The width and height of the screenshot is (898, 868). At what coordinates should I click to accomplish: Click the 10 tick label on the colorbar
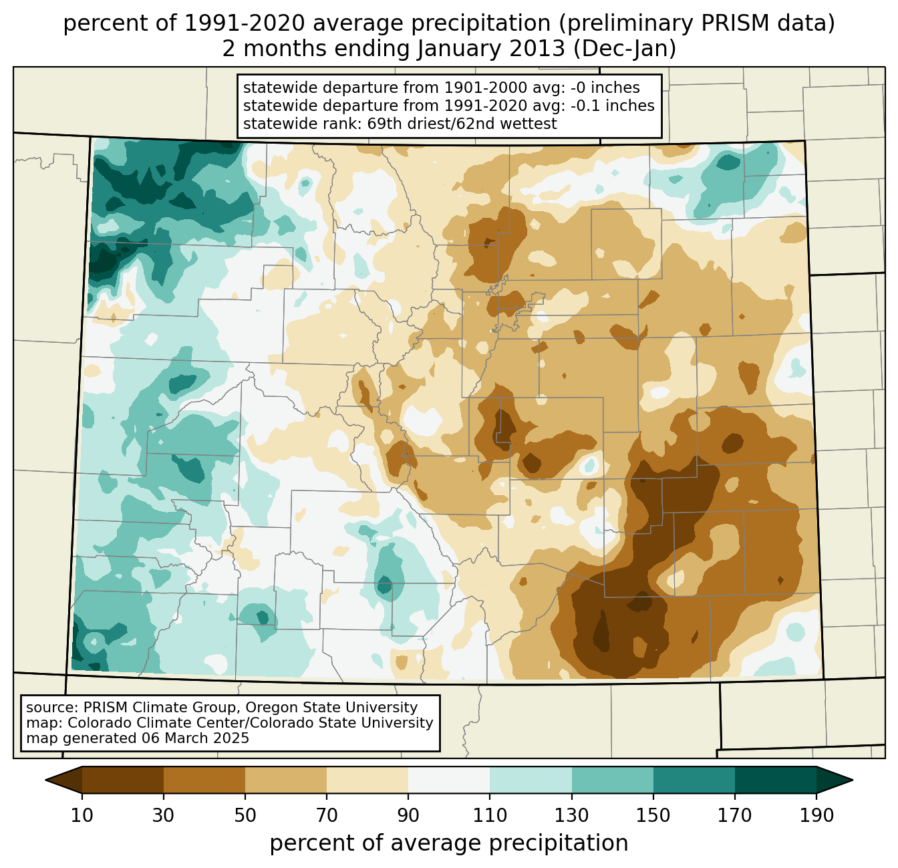coord(82,815)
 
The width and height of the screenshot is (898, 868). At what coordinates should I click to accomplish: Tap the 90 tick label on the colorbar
coord(408,815)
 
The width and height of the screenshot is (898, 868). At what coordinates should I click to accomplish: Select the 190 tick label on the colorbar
coord(816,815)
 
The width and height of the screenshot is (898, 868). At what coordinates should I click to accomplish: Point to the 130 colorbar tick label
coord(572,815)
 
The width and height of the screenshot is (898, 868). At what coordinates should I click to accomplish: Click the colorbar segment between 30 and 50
coord(204,780)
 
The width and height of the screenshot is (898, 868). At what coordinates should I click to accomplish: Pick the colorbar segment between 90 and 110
coord(449,780)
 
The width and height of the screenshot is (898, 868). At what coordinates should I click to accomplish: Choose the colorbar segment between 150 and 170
coord(694,780)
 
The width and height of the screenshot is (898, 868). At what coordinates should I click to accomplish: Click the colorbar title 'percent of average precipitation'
coord(449,843)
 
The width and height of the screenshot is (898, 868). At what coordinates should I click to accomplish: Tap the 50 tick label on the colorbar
coord(245,815)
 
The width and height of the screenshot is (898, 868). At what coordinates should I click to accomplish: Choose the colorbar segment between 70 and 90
coord(367,780)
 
